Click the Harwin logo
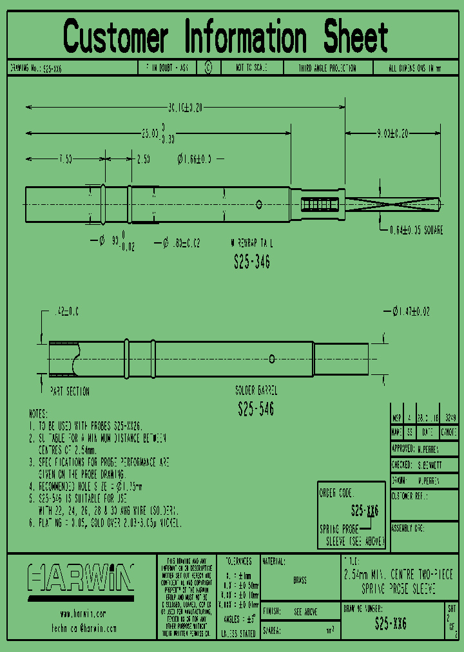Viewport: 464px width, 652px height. [x=81, y=577]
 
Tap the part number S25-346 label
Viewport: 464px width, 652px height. [x=251, y=262]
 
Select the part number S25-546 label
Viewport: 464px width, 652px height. [x=256, y=409]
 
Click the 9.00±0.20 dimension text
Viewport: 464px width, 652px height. [x=392, y=134]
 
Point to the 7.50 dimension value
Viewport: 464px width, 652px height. [x=65, y=159]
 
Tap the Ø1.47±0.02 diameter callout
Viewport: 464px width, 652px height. [x=411, y=312]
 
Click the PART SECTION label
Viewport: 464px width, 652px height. [x=70, y=391]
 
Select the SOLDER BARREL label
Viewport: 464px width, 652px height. [x=256, y=391]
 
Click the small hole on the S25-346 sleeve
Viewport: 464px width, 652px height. [x=258, y=204]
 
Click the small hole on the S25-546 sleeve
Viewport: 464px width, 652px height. [x=272, y=358]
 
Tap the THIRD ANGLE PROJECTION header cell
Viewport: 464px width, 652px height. [x=327, y=68]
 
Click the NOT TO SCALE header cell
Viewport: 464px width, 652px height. [x=251, y=68]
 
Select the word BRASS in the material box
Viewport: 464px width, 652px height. [x=300, y=580]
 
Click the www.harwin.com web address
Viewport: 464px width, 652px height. [x=82, y=614]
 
